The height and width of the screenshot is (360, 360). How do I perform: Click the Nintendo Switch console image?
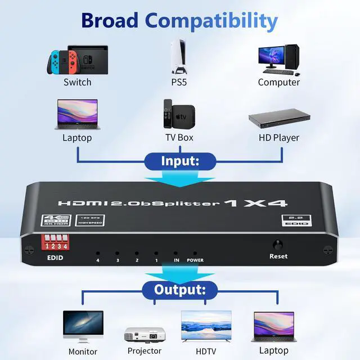click(x=77, y=58)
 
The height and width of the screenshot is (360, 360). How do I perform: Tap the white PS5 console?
click(x=180, y=56)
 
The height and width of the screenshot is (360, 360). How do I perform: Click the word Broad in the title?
click(x=110, y=20)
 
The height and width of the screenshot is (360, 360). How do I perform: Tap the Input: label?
click(x=180, y=161)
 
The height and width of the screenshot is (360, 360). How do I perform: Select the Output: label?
click(x=180, y=290)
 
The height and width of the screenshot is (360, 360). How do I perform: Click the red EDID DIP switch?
click(x=58, y=244)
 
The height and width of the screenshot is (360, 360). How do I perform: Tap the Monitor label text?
click(x=83, y=352)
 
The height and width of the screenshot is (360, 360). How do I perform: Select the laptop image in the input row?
click(x=77, y=115)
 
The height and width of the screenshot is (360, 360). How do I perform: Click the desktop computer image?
click(x=278, y=58)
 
